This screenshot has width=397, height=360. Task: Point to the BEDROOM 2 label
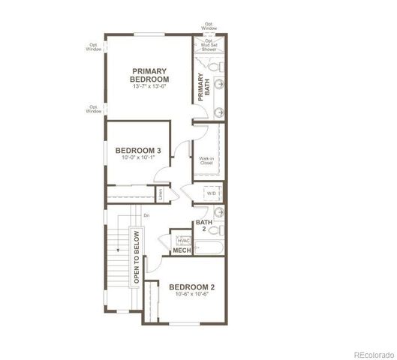(x=191, y=287)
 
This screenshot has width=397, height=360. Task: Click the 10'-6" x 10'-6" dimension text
(x=191, y=295)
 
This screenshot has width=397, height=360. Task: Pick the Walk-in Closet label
(x=208, y=160)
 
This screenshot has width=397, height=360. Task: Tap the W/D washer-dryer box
(x=211, y=193)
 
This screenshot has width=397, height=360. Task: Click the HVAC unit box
(x=183, y=240)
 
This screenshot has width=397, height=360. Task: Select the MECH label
(x=182, y=250)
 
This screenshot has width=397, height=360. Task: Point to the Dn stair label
(x=146, y=216)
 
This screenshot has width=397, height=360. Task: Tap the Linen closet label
(x=161, y=193)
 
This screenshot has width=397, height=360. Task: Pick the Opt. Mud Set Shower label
(x=209, y=46)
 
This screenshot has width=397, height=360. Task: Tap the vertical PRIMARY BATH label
(x=201, y=87)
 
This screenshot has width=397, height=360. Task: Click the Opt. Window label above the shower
(x=209, y=28)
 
